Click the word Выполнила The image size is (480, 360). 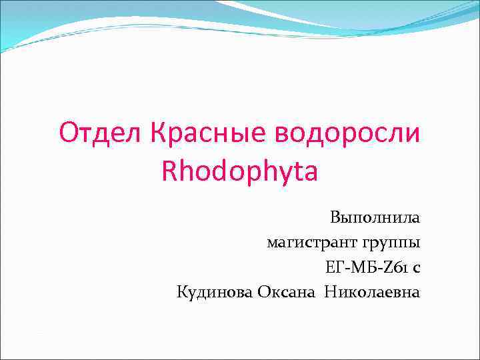pos(375,217)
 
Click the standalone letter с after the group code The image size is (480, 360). pos(416,267)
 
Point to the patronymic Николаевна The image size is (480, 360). pos(373,291)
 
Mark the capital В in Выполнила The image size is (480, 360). pos(334,217)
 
